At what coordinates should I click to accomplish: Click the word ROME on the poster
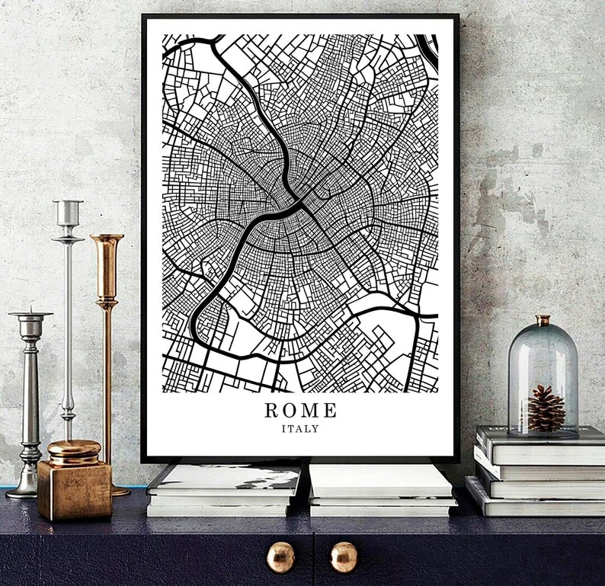pos(300,410)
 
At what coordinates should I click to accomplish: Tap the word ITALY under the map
pos(300,428)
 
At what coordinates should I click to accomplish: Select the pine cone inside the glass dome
pos(546,408)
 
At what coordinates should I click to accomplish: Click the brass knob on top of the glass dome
pos(542,320)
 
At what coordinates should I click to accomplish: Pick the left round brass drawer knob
pos(280,557)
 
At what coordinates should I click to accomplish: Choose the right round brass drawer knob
pos(344,557)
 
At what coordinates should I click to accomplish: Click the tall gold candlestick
pos(107,320)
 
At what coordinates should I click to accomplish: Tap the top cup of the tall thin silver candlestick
pos(68,213)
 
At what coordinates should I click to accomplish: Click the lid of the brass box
pos(73,450)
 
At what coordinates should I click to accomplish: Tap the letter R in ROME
pos(272,410)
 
